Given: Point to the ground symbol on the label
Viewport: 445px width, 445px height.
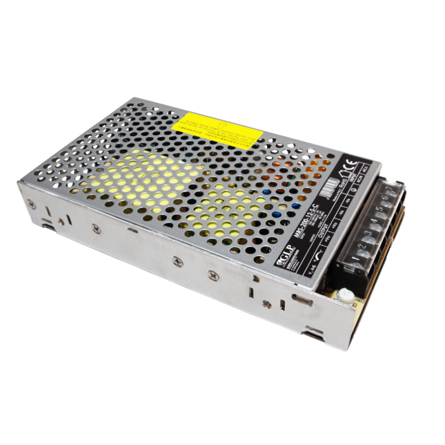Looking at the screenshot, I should point(354,190).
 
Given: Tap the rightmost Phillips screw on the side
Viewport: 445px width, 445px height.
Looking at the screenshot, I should point(214,274).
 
